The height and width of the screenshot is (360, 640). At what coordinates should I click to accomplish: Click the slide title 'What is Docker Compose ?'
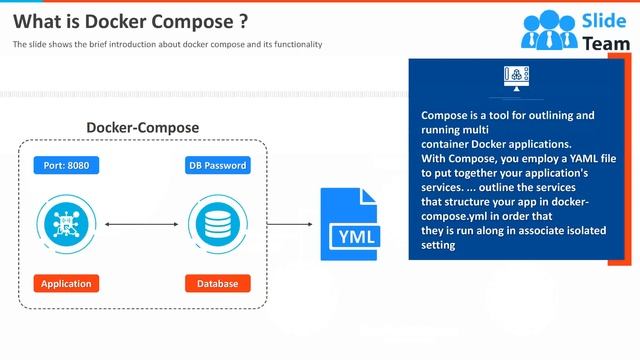coord(131,21)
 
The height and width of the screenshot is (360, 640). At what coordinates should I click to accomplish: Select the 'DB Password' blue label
coord(217,164)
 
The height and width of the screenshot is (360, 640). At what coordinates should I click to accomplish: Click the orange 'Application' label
coord(66,283)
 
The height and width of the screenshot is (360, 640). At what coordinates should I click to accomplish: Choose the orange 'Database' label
coord(217,283)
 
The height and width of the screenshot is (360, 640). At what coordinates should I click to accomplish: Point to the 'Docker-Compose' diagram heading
coord(142,128)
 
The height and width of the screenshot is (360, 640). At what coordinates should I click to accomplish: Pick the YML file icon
coord(350,224)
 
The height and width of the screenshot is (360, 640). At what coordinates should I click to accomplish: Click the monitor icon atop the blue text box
coord(516,77)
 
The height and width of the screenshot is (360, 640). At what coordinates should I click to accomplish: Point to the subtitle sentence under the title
coord(167,45)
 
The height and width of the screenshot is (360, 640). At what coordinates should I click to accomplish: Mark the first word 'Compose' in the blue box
coord(443,115)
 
